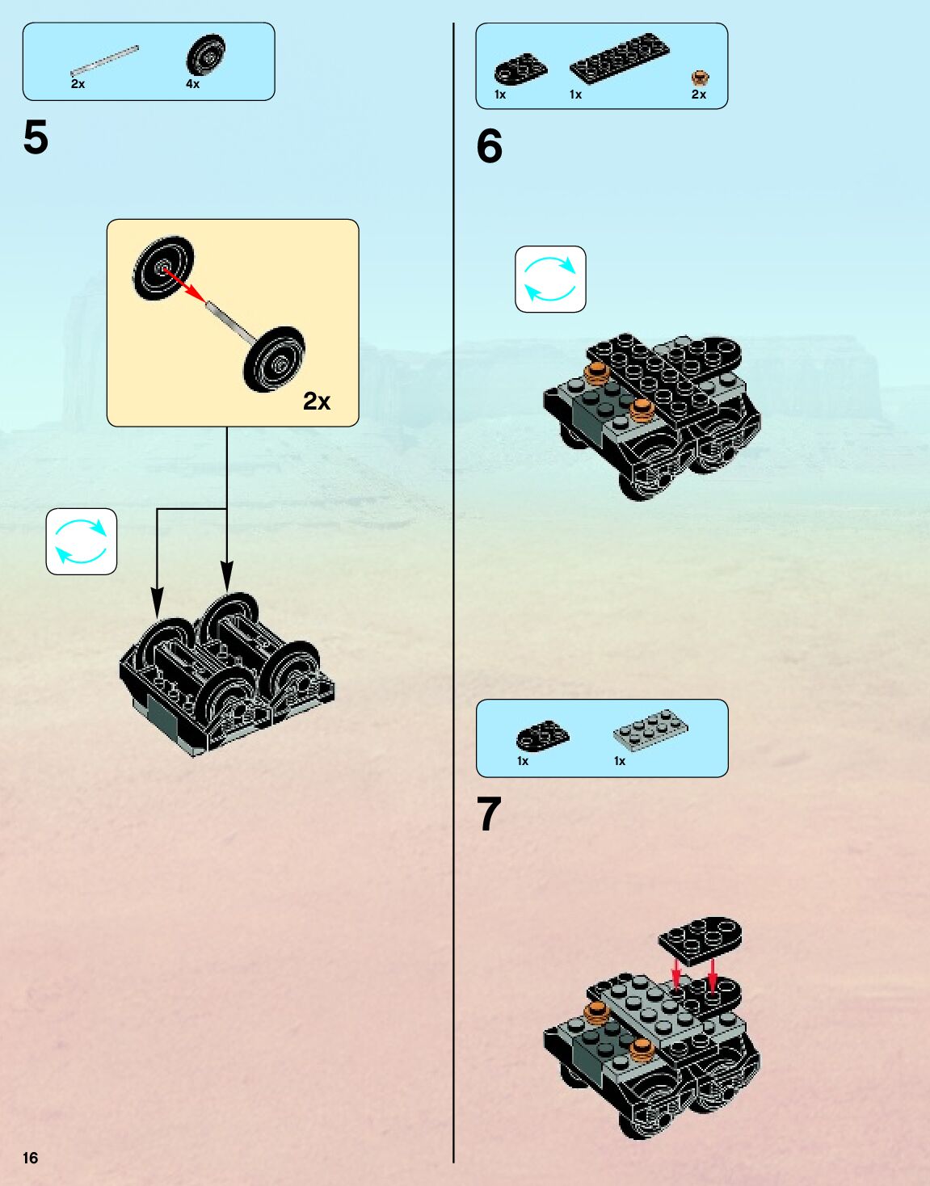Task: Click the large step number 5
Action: coord(36,137)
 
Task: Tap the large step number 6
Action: coord(489,146)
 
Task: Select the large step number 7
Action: coord(489,814)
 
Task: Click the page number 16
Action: coord(30,1158)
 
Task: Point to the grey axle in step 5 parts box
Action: coord(104,61)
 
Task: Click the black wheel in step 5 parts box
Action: coord(205,55)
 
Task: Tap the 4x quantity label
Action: coord(192,84)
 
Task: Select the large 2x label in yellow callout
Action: coord(317,402)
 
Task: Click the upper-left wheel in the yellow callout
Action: coord(163,268)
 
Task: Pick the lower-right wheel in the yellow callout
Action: coord(275,360)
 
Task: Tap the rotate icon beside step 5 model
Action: coord(81,541)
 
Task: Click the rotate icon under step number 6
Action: coord(550,279)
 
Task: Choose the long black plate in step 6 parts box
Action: coord(620,57)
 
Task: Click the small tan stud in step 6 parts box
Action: coord(700,78)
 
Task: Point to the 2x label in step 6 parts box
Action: coord(699,95)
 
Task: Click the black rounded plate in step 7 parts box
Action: coord(541,735)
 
